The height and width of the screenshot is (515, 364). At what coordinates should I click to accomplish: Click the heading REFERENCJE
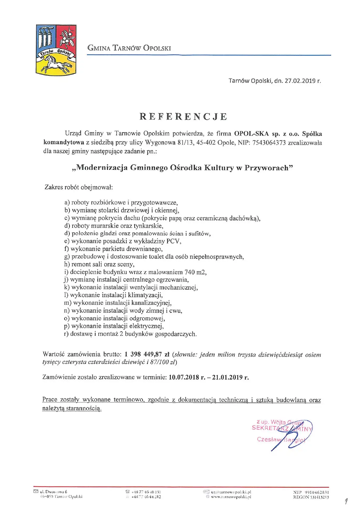[183, 117]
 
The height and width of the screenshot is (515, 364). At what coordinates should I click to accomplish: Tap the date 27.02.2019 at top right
[300, 81]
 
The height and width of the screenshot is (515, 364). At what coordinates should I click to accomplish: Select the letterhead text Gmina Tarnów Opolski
[129, 48]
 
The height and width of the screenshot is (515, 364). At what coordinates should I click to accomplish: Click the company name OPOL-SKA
[251, 134]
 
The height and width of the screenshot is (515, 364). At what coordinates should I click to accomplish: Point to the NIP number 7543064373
[268, 143]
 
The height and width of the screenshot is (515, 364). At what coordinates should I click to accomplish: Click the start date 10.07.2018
[184, 377]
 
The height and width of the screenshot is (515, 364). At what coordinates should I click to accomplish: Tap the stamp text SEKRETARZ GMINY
[282, 428]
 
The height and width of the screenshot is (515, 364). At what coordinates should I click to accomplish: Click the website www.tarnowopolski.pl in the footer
[231, 497]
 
